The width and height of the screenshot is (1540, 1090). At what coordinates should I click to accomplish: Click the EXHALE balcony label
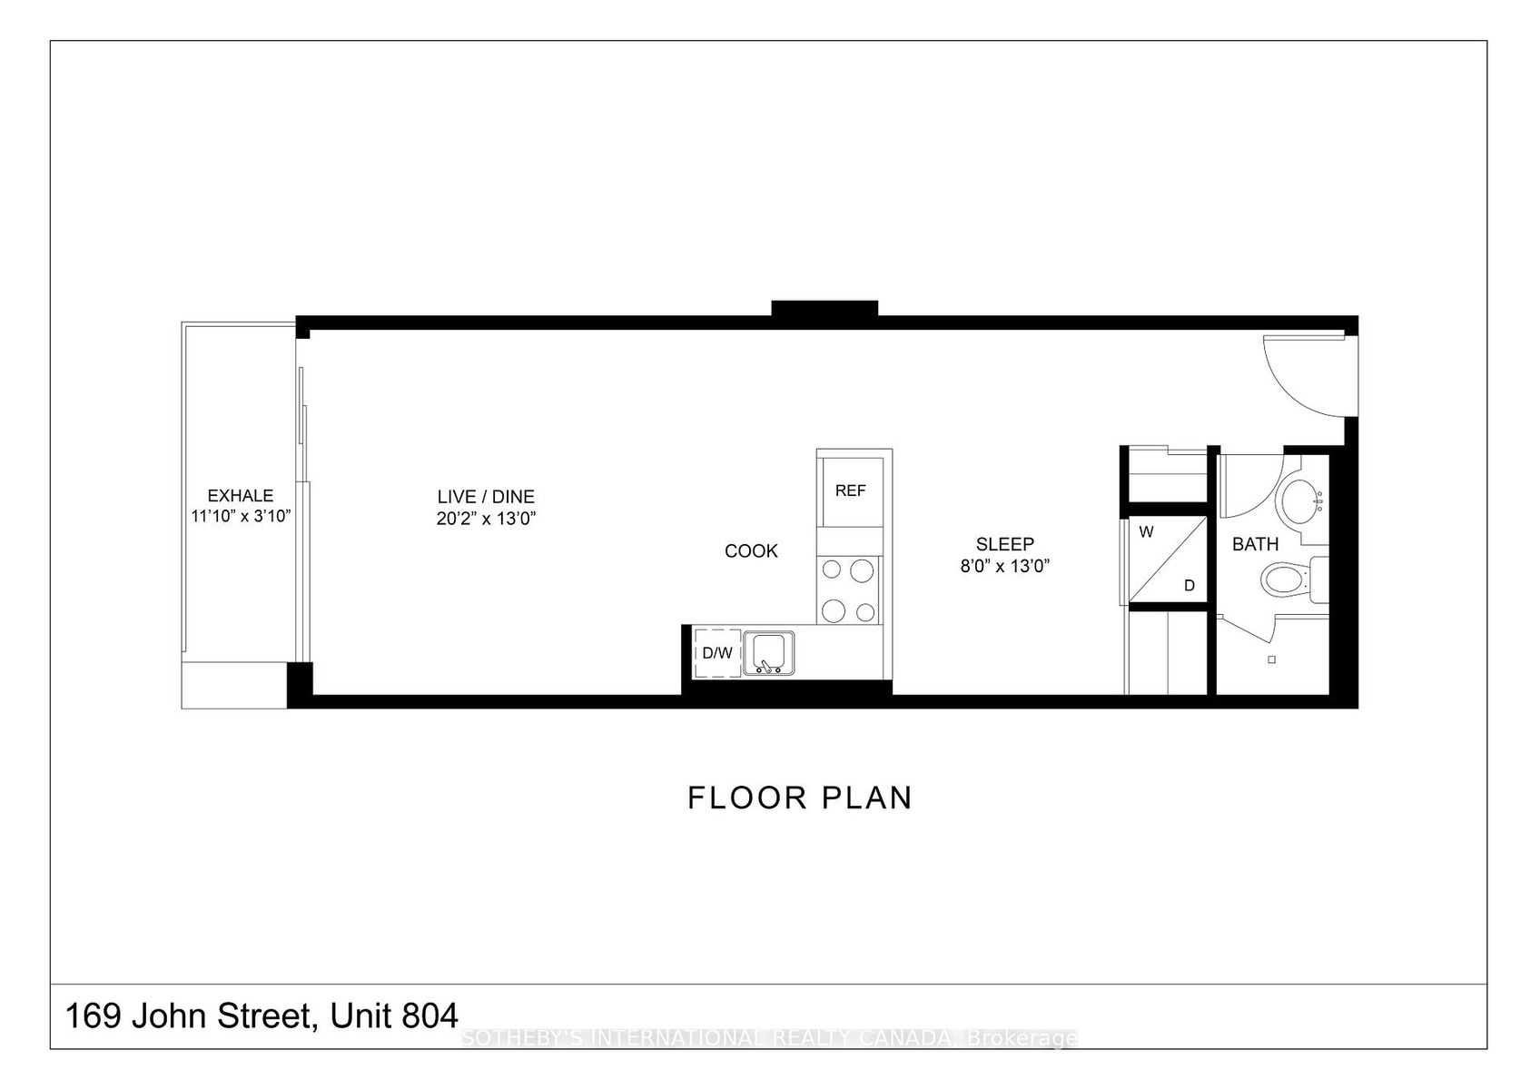(241, 496)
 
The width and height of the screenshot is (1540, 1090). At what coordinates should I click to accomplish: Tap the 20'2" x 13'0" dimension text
(486, 519)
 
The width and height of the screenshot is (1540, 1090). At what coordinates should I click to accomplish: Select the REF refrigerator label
(851, 491)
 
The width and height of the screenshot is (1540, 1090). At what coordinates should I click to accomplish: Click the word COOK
(752, 550)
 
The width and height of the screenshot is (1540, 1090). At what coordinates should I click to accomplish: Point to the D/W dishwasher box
(717, 653)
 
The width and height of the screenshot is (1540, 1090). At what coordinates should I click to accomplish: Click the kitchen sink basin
(768, 652)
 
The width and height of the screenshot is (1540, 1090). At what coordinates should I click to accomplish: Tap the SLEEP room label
(1005, 545)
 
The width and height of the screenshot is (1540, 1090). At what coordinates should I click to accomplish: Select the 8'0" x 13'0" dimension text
(1005, 567)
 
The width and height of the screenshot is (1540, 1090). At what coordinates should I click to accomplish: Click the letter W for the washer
(1146, 532)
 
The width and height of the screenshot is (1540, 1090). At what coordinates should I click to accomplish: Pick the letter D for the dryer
(1190, 586)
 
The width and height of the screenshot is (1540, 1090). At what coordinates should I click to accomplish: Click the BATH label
(1256, 545)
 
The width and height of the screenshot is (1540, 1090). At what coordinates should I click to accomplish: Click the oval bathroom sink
(1298, 501)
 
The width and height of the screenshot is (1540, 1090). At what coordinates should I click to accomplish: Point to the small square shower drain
(1272, 660)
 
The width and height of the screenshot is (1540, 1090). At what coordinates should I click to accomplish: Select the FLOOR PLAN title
(800, 798)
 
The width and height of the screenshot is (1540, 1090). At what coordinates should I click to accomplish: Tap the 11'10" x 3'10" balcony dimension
(242, 517)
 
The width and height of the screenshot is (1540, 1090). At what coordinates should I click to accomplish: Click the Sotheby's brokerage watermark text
(769, 1038)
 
